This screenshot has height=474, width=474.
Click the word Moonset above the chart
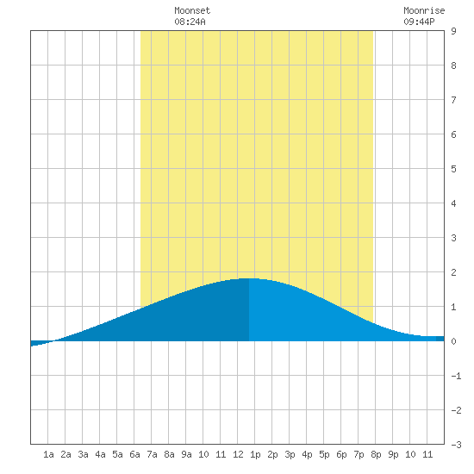192,10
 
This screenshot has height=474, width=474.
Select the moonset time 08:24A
190,22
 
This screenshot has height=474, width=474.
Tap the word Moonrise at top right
424,10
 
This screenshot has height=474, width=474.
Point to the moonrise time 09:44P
419,22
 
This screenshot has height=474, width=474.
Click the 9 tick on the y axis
453,31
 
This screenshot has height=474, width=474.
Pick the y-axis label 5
453,169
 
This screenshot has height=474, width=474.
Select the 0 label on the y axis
453,341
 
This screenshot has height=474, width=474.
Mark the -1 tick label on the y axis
456,376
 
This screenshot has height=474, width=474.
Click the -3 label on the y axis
456,445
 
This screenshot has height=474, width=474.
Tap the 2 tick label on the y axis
453,272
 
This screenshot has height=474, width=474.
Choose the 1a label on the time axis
48,454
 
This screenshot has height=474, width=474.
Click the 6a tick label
134,454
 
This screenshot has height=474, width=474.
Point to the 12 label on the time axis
238,454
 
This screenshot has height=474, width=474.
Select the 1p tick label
255,454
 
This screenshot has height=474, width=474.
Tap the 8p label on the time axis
376,454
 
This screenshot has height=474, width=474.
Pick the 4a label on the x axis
100,454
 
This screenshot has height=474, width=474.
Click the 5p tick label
324,454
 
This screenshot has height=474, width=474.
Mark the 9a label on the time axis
186,454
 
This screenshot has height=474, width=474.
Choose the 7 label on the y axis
453,100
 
